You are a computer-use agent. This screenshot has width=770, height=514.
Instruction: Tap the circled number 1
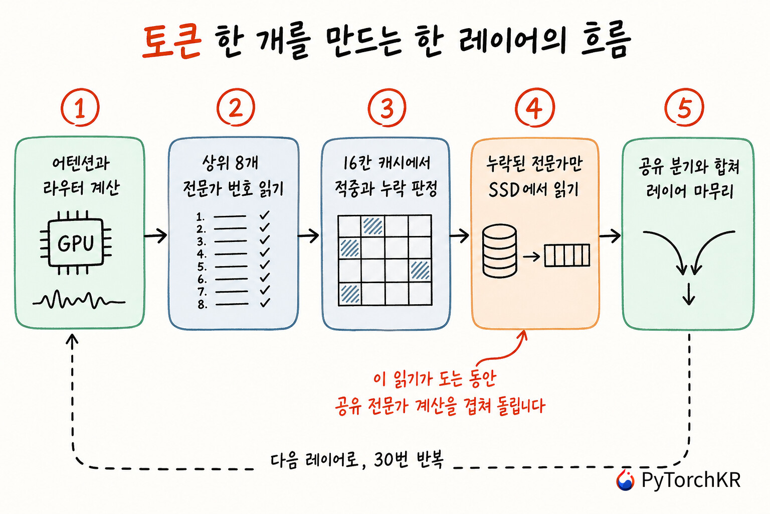tap(80, 107)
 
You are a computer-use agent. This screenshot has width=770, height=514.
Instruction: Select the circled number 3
tap(387, 107)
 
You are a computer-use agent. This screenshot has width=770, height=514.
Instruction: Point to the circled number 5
tap(684, 107)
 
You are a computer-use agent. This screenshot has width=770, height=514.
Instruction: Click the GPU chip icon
tap(76, 243)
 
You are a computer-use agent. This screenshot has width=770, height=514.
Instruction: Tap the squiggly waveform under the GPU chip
tap(79, 300)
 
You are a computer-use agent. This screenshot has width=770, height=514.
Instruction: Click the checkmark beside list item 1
tap(265, 215)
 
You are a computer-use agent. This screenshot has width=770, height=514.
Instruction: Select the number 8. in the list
tap(203, 304)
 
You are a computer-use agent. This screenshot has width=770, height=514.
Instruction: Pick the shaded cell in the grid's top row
tap(373, 226)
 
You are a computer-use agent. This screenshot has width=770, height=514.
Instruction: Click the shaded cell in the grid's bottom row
tap(350, 294)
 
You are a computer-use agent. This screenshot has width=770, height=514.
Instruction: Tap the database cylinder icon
tap(499, 250)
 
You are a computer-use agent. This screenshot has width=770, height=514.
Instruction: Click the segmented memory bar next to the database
tap(567, 255)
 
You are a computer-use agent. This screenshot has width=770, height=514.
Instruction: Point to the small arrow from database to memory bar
tap(531, 256)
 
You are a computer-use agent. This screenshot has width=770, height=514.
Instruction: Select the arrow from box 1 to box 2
tap(156, 235)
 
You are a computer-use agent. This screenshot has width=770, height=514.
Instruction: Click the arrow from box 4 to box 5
tap(610, 236)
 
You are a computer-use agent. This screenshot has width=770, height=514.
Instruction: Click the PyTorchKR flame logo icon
tap(625, 480)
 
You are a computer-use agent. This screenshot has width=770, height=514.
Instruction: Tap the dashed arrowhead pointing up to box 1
tap(72, 339)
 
